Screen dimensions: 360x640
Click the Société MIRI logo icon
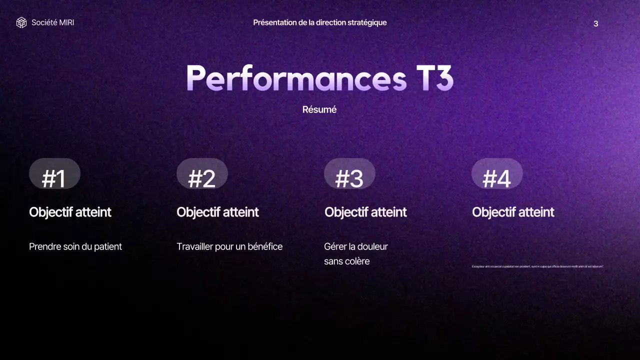coord(21,22)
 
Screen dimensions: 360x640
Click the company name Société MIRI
coord(52,22)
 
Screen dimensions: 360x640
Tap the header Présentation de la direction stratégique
coord(319,22)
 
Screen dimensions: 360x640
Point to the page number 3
coord(595,23)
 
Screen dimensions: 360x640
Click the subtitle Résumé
coord(319,109)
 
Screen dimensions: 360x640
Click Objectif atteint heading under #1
coord(70,212)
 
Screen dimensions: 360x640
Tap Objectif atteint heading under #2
coord(217,212)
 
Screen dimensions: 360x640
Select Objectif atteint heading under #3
coord(365,212)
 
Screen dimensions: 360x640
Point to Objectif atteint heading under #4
coord(513,212)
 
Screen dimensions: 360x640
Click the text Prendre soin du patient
coord(75,246)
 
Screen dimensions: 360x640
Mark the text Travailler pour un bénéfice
coord(229,246)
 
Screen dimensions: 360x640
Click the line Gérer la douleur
coord(356,246)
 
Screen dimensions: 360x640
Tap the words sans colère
coord(346,261)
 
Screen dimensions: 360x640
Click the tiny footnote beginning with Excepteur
coord(537,266)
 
